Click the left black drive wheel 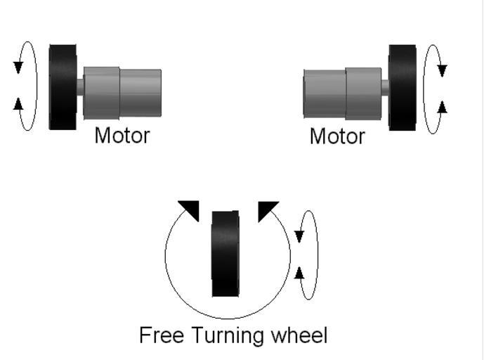[x=63, y=86]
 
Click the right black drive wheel [x=402, y=87]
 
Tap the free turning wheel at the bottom [x=225, y=253]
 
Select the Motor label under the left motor [x=122, y=135]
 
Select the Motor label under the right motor [x=337, y=136]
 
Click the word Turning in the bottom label [x=225, y=336]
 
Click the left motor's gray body [x=123, y=92]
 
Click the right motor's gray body [x=342, y=93]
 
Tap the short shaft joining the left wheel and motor [x=80, y=87]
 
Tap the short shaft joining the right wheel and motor [x=385, y=88]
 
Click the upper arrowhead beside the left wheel [x=18, y=67]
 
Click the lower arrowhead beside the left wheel [x=18, y=105]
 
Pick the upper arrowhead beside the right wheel [x=442, y=70]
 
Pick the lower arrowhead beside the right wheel [x=442, y=107]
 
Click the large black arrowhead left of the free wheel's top [x=190, y=209]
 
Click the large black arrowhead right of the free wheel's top [x=266, y=209]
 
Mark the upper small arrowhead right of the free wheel [x=299, y=236]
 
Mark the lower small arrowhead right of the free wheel [x=299, y=272]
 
